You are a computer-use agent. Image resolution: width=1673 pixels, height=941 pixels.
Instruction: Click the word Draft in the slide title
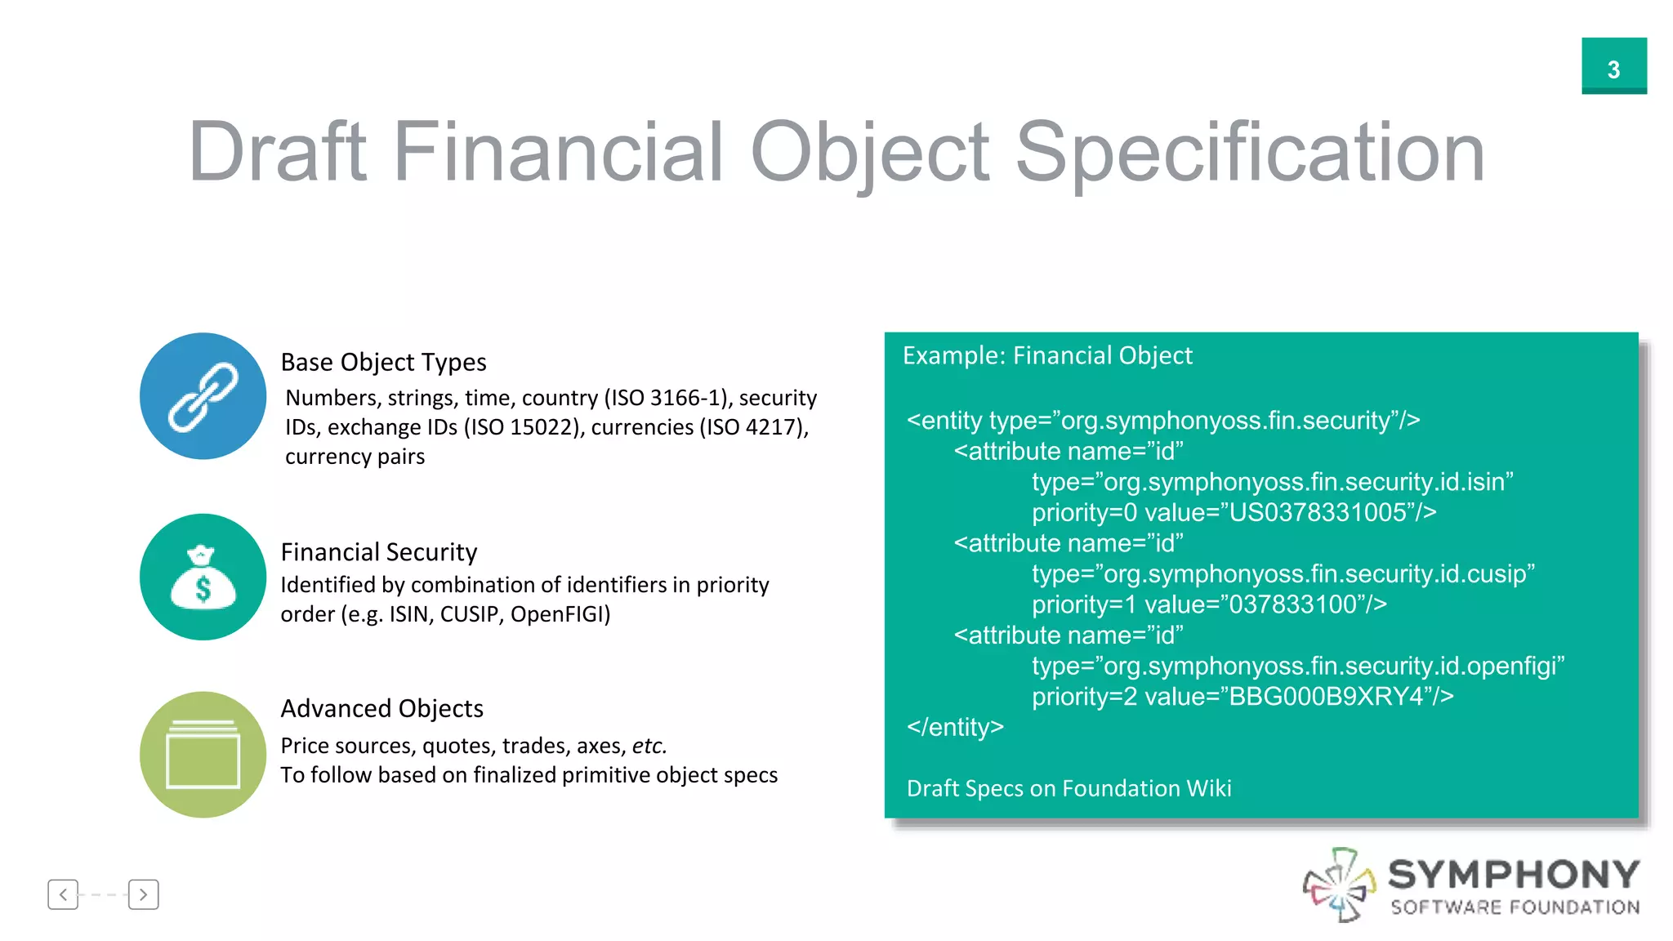coord(277,152)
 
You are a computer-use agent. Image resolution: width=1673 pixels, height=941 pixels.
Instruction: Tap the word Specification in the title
coord(1249,152)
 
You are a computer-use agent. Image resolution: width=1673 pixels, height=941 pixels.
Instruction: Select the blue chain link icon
coord(203,396)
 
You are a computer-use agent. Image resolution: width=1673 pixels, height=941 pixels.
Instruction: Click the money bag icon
coord(203,578)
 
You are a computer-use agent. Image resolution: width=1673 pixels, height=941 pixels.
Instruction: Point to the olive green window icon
coord(203,755)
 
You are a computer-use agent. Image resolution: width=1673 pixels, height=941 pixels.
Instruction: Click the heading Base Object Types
coord(383,362)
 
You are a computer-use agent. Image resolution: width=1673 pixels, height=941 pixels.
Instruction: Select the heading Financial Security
coord(378,552)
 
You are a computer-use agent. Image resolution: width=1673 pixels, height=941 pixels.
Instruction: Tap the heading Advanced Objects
coord(381,708)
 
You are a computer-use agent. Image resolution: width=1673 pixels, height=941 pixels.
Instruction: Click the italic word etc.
coord(649,746)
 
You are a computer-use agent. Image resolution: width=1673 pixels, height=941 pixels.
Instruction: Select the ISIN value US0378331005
coord(1318,513)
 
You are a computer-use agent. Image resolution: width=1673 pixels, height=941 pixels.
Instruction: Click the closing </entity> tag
coord(955,727)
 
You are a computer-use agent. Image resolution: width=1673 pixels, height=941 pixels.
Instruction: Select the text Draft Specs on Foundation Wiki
coord(1068,788)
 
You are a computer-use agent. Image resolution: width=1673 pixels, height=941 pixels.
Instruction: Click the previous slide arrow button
coord(63,894)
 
